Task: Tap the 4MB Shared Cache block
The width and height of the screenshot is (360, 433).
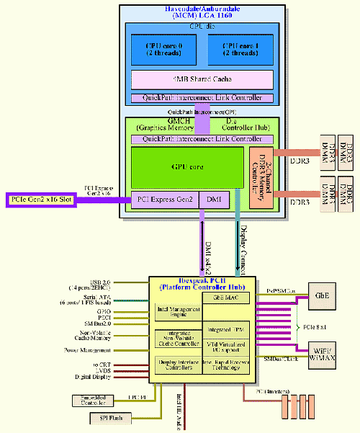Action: click(202, 79)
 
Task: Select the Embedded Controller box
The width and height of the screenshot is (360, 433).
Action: click(91, 401)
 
